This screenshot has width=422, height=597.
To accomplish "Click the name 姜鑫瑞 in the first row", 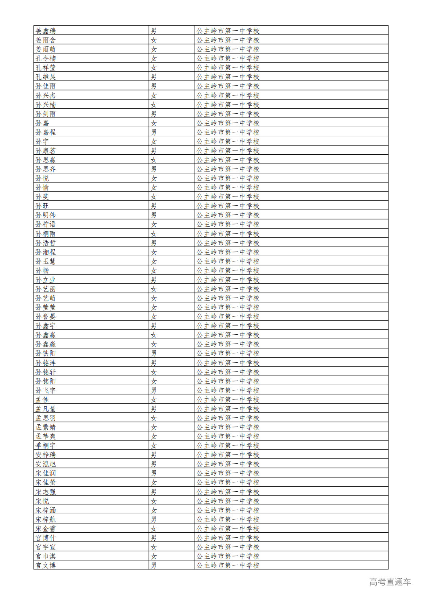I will click(x=46, y=31).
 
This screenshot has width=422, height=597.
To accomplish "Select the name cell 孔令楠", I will click(x=46, y=58).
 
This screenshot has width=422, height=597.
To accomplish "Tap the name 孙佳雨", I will click(x=46, y=86).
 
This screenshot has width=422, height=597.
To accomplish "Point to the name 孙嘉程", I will click(x=46, y=132).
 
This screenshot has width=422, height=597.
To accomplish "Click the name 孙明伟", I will click(x=46, y=215).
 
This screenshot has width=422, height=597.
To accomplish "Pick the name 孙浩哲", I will click(x=46, y=243).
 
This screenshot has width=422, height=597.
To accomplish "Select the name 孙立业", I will click(x=46, y=280).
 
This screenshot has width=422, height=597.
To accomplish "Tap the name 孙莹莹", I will click(x=46, y=307).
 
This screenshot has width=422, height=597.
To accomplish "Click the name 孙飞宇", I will click(x=46, y=390).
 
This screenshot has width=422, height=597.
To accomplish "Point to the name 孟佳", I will click(x=42, y=399).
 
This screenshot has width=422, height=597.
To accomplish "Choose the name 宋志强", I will click(x=46, y=492).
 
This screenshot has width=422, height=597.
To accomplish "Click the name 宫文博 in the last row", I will click(x=46, y=565).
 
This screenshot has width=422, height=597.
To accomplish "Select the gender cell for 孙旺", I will click(x=154, y=206).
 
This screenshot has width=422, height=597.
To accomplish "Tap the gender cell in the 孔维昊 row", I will click(x=154, y=77).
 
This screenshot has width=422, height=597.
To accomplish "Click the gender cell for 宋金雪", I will click(x=154, y=528).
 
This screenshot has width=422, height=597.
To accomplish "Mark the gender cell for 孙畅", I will click(x=154, y=270).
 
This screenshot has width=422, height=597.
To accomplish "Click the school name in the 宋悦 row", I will click(x=228, y=501).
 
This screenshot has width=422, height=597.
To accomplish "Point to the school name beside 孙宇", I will click(x=228, y=141).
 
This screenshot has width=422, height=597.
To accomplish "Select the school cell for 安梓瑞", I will click(x=228, y=455).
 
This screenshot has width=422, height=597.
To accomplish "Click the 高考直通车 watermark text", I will click(x=390, y=582).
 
